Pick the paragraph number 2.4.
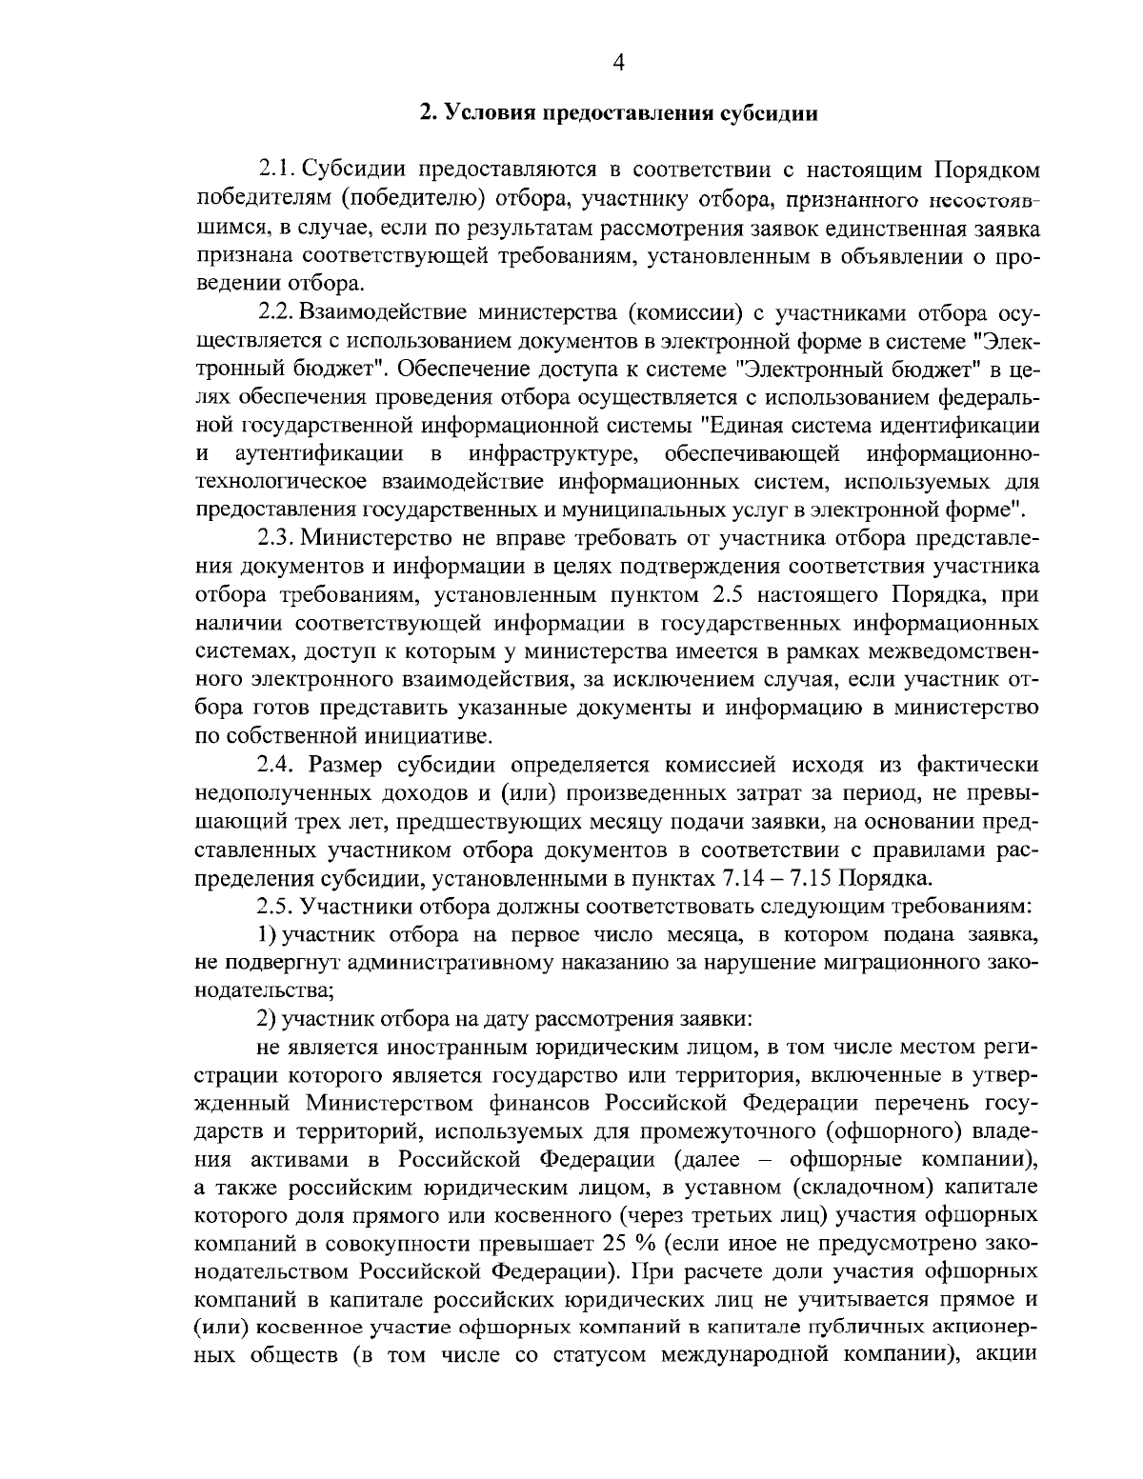(276, 764)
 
